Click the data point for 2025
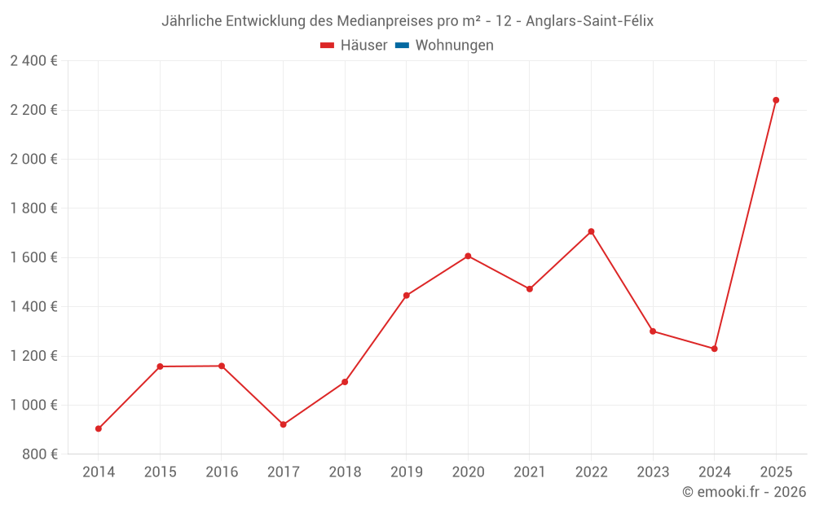(x=776, y=100)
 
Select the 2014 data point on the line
(x=99, y=428)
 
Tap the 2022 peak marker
(x=591, y=231)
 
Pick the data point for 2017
(x=283, y=424)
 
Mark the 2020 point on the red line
(x=468, y=256)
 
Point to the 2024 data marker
(x=714, y=349)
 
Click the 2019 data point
(x=406, y=296)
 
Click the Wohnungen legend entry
(x=454, y=46)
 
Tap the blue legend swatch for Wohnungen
(x=402, y=46)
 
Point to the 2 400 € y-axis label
(x=33, y=61)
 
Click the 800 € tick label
(x=38, y=454)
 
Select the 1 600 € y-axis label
(x=33, y=257)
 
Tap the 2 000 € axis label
(x=33, y=159)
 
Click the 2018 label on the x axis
(x=345, y=472)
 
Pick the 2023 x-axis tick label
(x=652, y=472)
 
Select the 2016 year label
(x=222, y=472)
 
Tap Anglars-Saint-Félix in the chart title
(x=590, y=20)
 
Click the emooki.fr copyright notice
(x=744, y=492)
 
